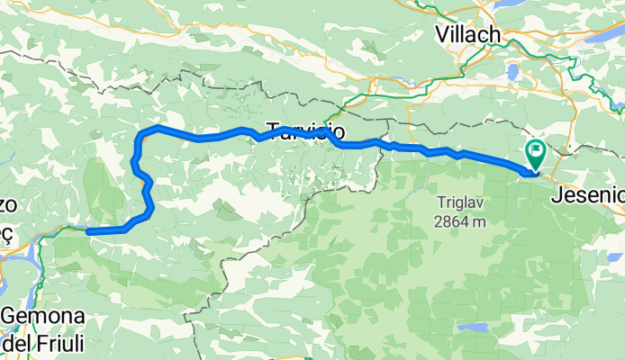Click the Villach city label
coord(467,33)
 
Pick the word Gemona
coord(42,317)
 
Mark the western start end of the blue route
coord(88,231)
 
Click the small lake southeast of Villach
coord(515,72)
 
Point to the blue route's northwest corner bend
coord(142,134)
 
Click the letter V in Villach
coord(441,33)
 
